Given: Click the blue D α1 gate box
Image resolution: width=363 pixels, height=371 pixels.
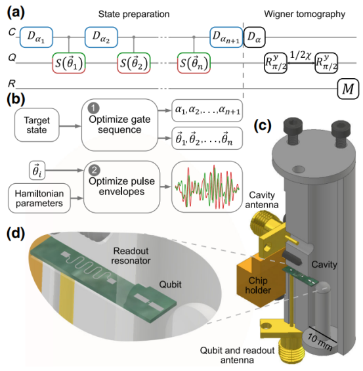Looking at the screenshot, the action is (36, 37).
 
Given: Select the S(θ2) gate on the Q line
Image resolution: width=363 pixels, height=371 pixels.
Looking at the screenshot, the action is (134, 63).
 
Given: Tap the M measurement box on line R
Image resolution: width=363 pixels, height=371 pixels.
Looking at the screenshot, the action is (348, 89).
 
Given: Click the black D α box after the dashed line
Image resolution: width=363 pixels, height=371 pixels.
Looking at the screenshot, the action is (254, 37).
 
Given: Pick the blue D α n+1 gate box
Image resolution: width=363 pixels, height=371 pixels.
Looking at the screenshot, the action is (226, 37).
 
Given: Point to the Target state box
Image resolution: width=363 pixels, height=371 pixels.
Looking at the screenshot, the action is (37, 125).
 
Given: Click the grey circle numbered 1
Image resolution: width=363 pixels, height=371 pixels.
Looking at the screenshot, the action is (93, 108).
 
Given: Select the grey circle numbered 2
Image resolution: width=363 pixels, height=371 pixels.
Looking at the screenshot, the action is (95, 170).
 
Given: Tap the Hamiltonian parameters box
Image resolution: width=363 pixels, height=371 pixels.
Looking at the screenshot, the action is (39, 198).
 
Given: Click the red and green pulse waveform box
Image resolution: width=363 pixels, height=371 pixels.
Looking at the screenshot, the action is (207, 186).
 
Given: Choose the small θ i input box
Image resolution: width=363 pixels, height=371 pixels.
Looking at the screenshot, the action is (37, 170).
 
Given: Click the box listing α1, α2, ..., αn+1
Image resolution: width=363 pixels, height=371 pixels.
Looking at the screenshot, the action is (207, 110).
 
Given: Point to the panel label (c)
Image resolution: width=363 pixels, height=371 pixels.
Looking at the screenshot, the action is (263, 125).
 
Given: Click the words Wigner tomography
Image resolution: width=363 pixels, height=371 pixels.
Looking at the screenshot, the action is (305, 14).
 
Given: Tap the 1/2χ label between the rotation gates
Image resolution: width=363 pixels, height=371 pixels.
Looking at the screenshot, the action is (301, 55).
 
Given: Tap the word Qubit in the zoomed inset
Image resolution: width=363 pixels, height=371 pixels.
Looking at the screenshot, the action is (170, 284).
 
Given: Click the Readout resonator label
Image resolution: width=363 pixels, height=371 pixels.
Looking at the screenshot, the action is (131, 256).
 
